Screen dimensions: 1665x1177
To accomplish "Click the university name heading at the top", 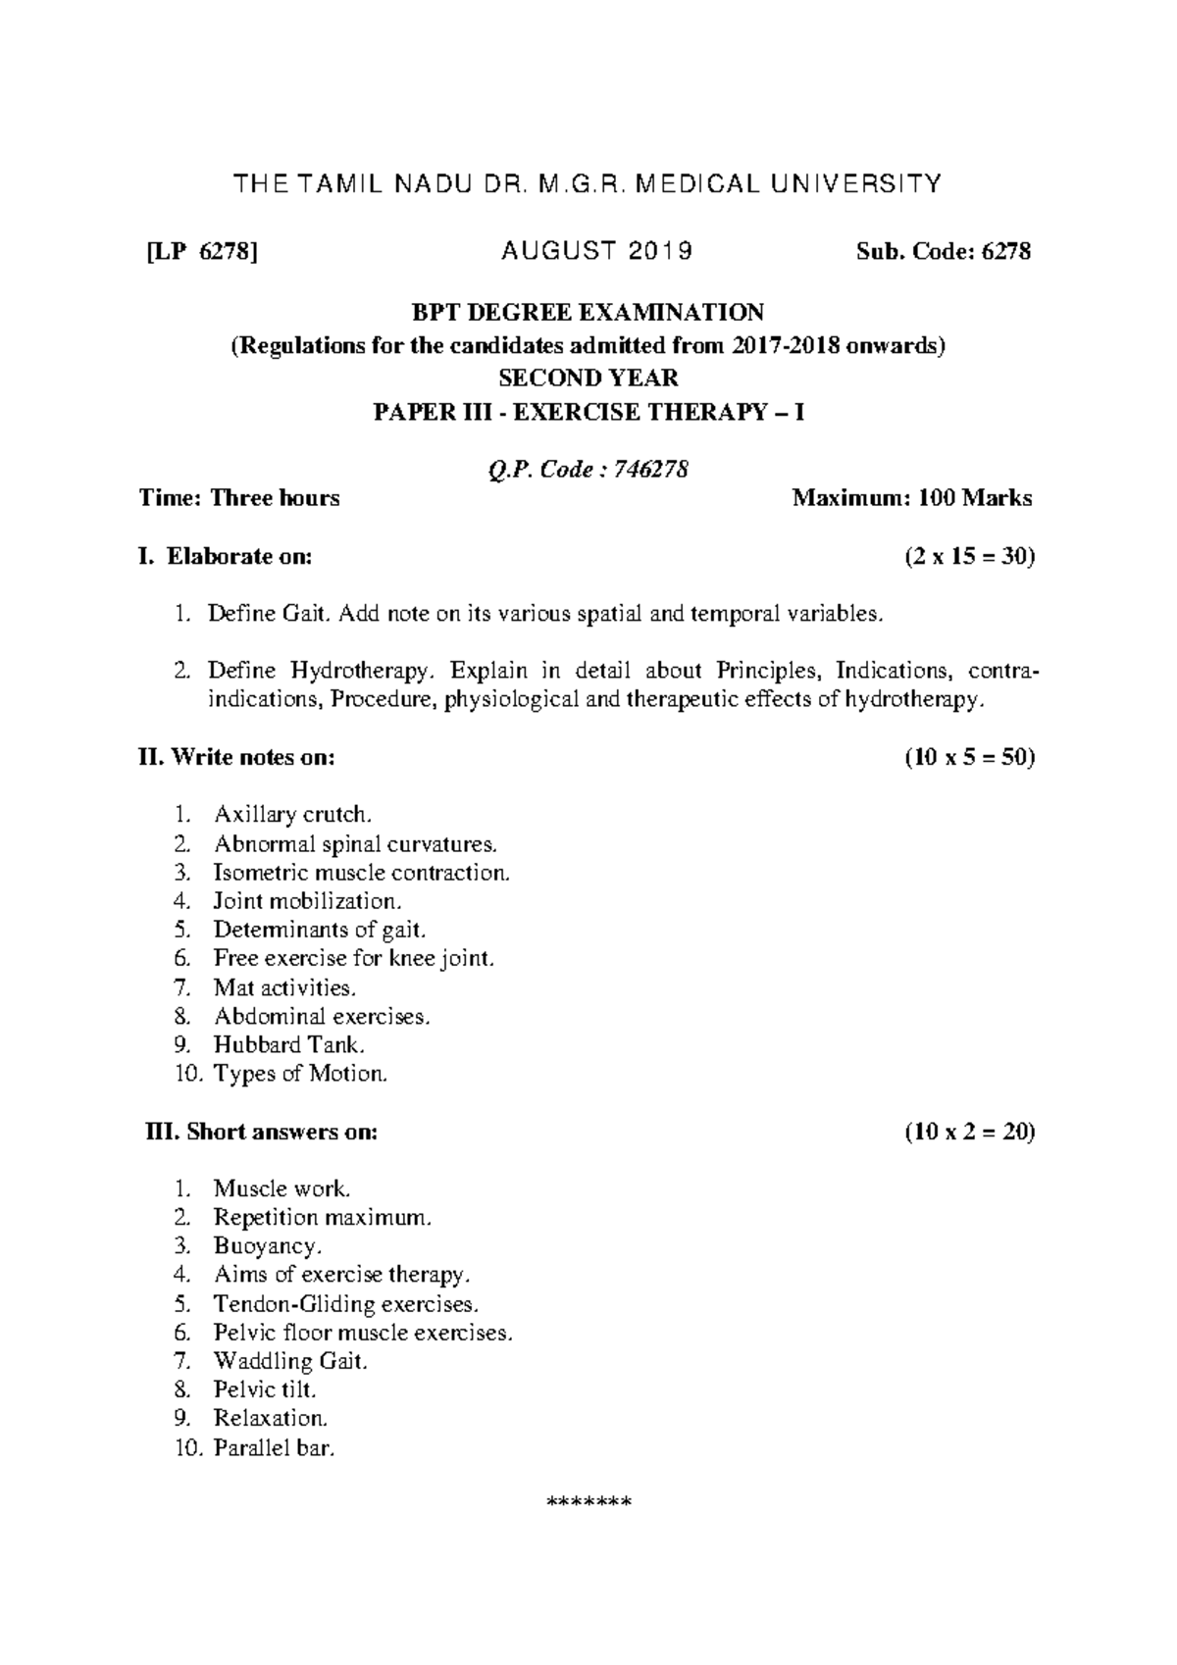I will pos(587,183).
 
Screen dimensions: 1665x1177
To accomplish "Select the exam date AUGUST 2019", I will pos(596,252).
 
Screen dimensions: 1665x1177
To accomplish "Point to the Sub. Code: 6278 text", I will pos(944,252).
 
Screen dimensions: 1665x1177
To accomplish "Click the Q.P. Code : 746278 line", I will pos(588,470).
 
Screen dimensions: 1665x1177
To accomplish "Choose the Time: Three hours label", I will pos(239,498).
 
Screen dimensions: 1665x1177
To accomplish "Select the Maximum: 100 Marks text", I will pos(912,498).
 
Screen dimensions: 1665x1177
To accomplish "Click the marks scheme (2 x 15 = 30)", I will pos(969,557).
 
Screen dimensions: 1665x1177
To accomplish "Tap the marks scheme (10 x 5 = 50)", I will pos(969,758).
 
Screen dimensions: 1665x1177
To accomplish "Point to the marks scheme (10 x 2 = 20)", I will pos(969,1132).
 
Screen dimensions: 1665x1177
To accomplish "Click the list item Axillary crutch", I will pos(292,815).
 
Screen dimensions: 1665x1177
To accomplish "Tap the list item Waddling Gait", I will pos(290,1361).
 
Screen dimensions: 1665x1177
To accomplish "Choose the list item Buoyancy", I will pos(268,1246).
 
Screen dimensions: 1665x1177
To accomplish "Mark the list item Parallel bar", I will pos(275,1447).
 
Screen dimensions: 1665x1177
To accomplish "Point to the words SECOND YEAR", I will pos(588,378).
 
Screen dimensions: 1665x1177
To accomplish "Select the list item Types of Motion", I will pos(300,1074).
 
